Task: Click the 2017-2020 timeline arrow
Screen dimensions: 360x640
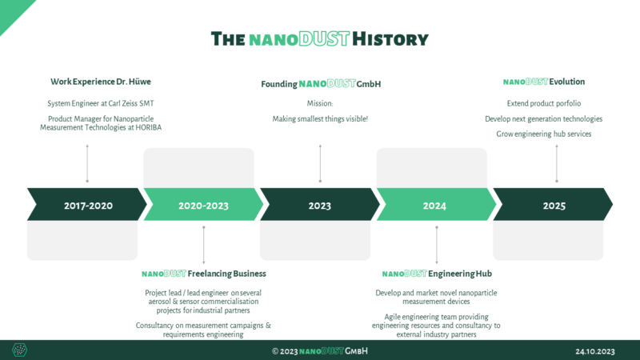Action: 88,206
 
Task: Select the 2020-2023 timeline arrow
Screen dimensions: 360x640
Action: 203,206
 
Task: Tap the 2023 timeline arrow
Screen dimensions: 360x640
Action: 320,206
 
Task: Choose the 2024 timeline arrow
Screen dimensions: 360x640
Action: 435,206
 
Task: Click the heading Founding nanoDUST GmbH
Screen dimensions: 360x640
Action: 320,83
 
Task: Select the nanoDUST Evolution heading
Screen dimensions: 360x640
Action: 544,82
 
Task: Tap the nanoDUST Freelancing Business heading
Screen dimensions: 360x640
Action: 204,274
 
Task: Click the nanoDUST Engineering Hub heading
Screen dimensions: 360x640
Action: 437,274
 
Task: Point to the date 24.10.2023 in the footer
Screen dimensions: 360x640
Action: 594,351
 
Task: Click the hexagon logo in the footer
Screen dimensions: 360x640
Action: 19,350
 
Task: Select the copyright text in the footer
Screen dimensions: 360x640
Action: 320,351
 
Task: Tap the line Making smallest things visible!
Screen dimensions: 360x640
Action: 320,119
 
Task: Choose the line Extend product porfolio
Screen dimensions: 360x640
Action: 544,103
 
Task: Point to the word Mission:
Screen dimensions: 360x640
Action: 320,103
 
